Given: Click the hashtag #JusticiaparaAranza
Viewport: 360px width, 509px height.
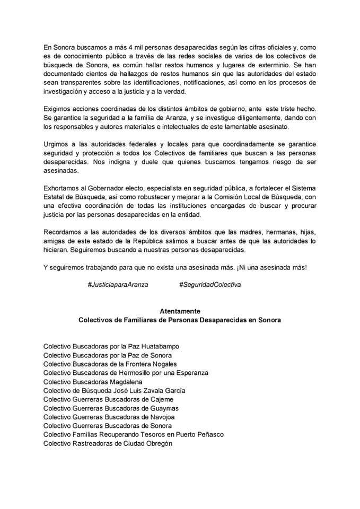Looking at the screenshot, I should [x=118, y=284].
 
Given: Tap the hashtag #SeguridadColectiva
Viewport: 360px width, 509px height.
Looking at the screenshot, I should [x=210, y=284].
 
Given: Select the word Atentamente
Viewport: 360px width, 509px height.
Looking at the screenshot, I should [x=180, y=312].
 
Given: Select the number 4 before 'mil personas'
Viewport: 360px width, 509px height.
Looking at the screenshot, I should [x=113, y=47].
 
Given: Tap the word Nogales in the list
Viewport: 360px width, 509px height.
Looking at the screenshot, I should [x=160, y=364].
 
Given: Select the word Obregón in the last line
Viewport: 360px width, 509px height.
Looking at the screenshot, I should [x=157, y=443].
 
